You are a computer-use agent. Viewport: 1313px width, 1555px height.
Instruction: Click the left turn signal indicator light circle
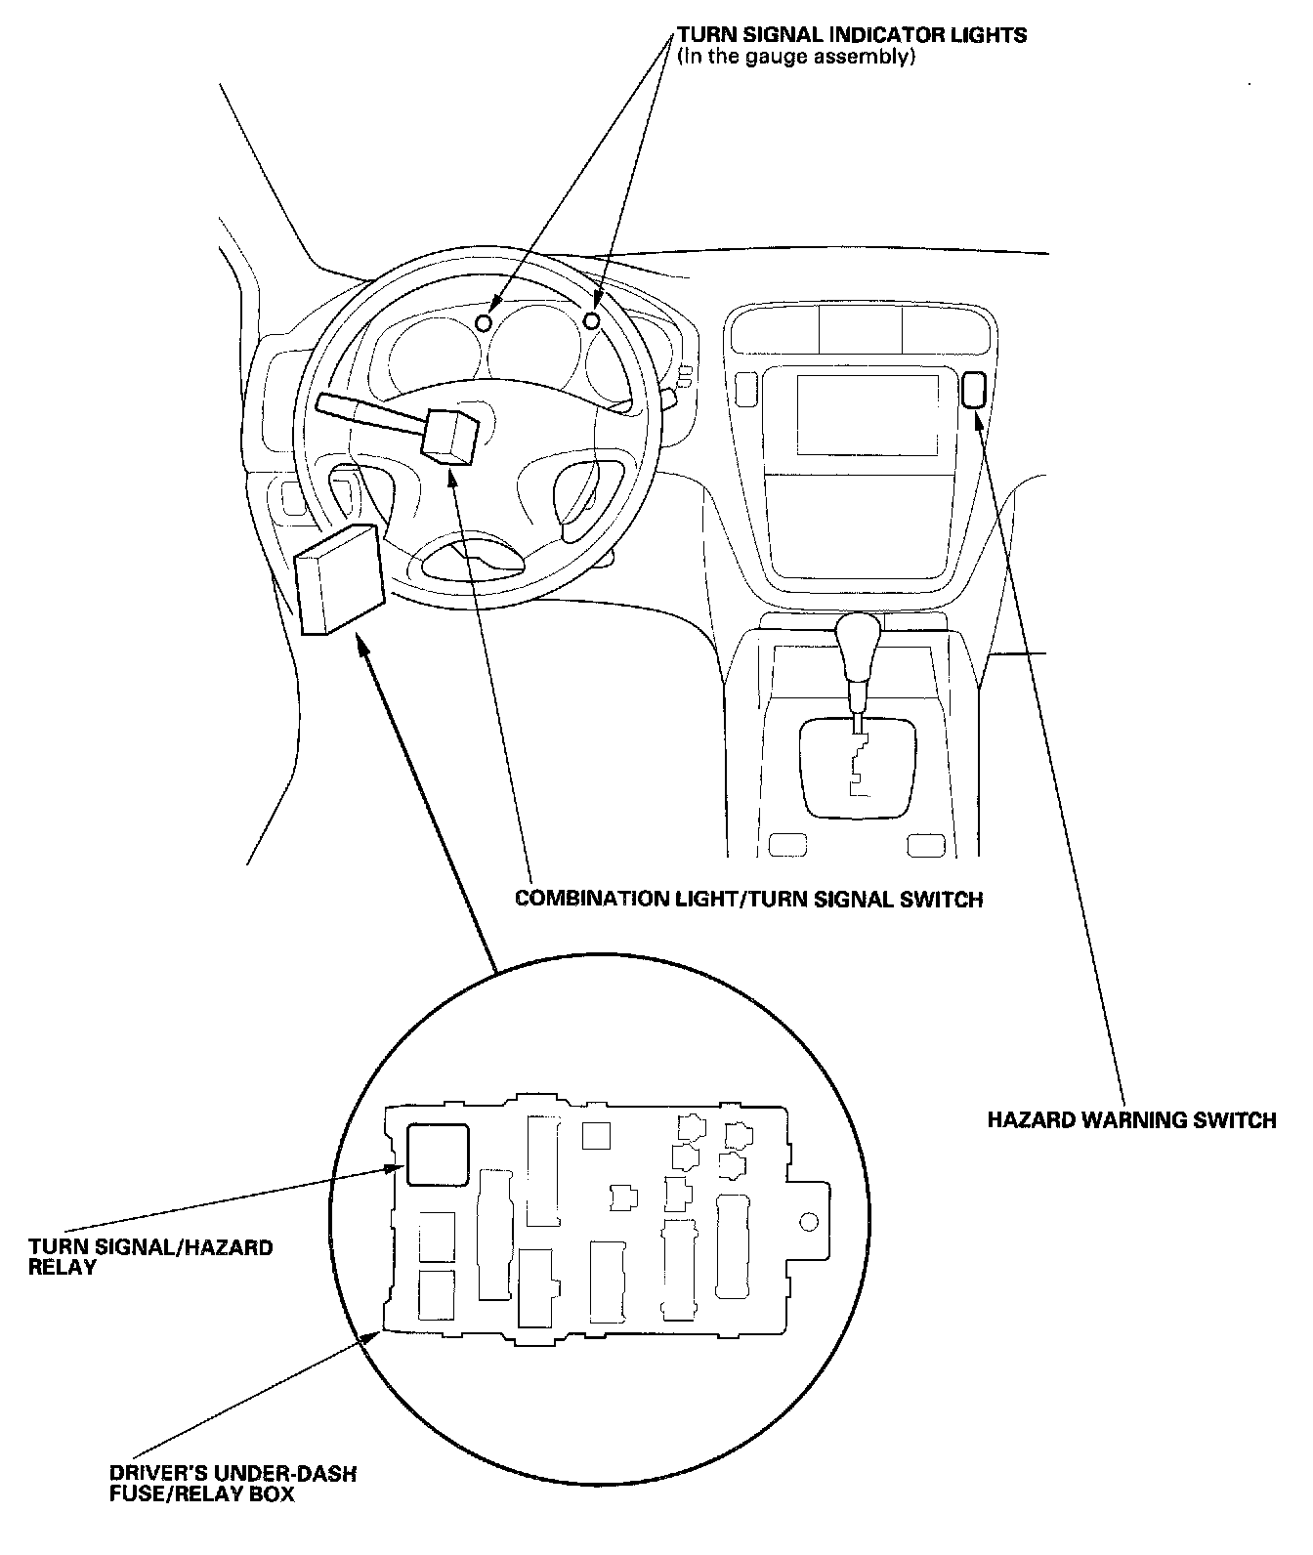(484, 322)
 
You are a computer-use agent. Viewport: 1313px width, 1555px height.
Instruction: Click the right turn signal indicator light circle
(592, 320)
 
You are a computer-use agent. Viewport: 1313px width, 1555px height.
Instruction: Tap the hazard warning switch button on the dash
(974, 391)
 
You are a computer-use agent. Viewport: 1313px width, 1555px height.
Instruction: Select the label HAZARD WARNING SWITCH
(1131, 1120)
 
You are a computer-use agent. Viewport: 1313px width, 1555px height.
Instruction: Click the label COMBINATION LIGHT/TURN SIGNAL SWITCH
(748, 899)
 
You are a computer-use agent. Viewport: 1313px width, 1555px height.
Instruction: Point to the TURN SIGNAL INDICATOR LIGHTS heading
(852, 35)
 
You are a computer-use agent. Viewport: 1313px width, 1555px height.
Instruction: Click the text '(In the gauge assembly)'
(796, 57)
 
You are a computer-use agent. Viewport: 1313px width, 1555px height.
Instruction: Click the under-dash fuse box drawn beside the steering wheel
(336, 580)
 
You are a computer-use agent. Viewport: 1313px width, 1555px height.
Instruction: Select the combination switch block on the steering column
(449, 435)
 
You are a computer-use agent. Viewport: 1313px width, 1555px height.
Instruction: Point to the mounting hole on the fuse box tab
(808, 1222)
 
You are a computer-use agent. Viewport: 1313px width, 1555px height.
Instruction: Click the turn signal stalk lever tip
(328, 403)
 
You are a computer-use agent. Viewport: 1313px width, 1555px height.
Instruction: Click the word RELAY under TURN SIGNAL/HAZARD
(63, 1267)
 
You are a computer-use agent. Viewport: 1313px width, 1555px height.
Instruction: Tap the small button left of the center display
(744, 389)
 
